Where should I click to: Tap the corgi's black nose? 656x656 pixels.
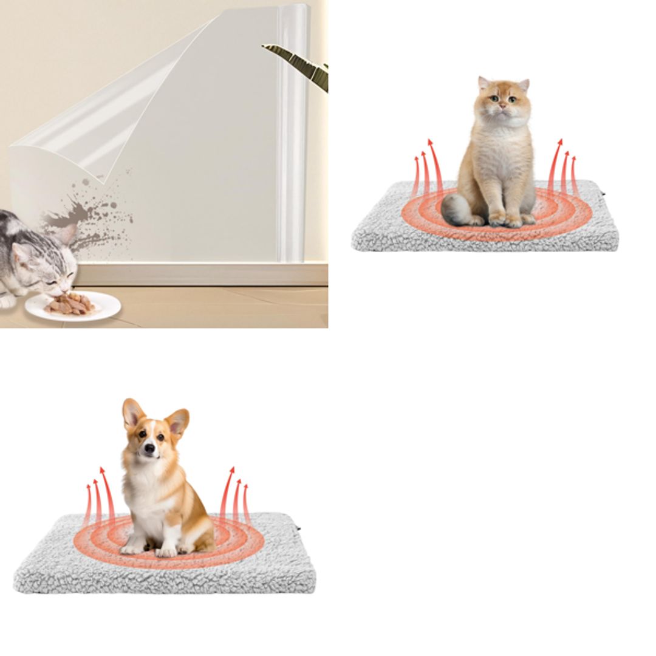[x=149, y=448]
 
